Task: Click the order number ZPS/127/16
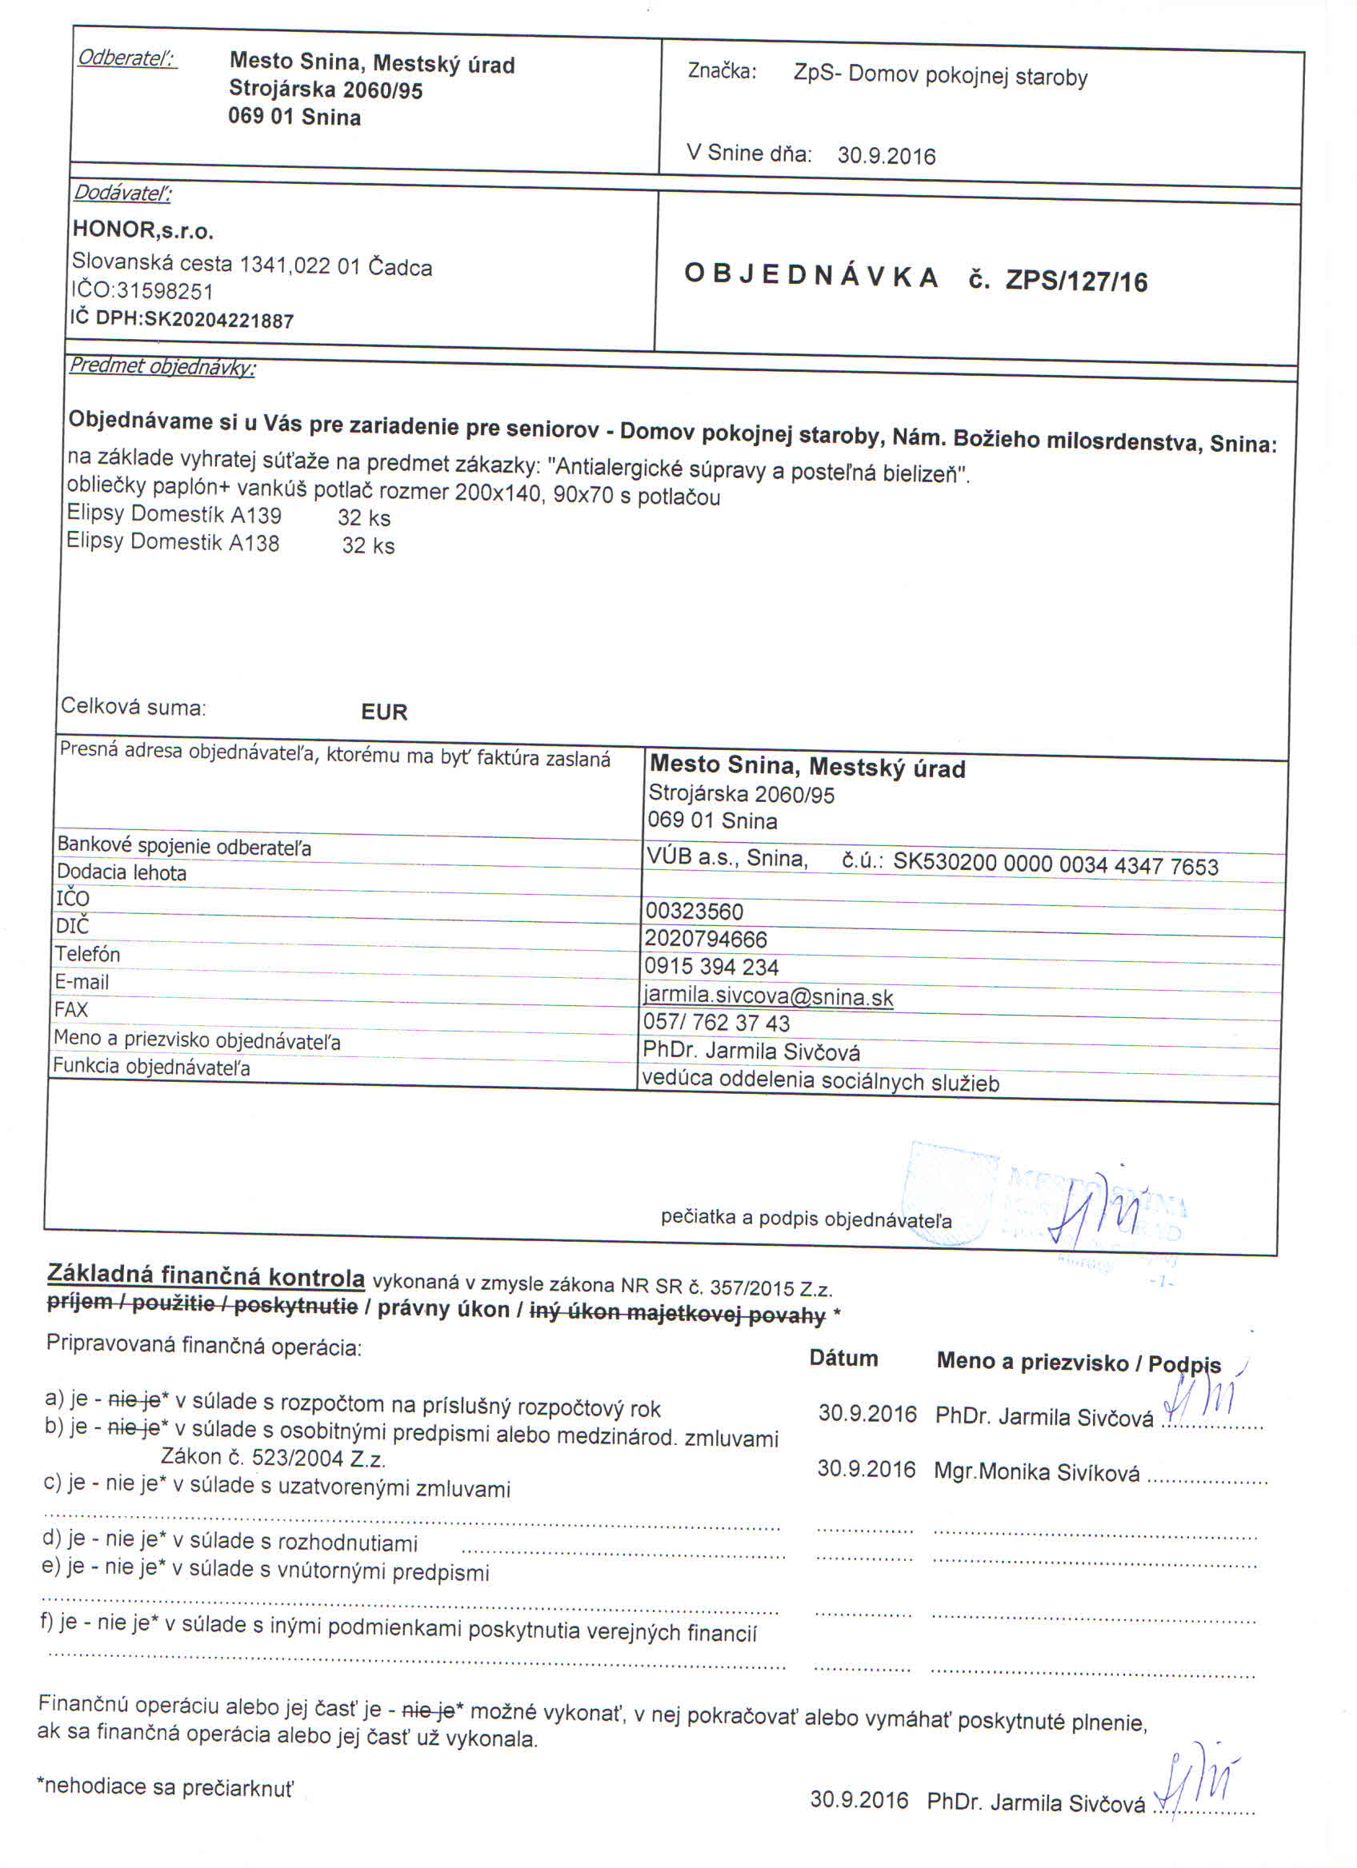1076,281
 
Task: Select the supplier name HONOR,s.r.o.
143,230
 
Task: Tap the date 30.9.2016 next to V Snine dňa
887,156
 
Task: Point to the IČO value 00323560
694,911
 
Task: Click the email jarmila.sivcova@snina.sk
768,996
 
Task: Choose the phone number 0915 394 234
711,966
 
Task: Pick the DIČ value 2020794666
705,939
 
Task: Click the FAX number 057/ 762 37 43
716,1023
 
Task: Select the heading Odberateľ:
127,58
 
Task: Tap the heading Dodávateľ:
122,193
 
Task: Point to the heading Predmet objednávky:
162,366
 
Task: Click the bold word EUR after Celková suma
384,712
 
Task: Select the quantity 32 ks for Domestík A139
363,518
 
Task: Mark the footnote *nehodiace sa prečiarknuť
166,1786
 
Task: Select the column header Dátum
843,1358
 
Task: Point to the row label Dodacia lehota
121,872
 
